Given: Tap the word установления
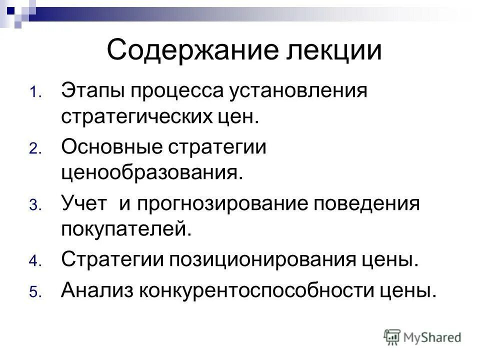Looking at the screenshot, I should (289, 91).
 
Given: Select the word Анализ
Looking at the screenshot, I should (96, 290).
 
